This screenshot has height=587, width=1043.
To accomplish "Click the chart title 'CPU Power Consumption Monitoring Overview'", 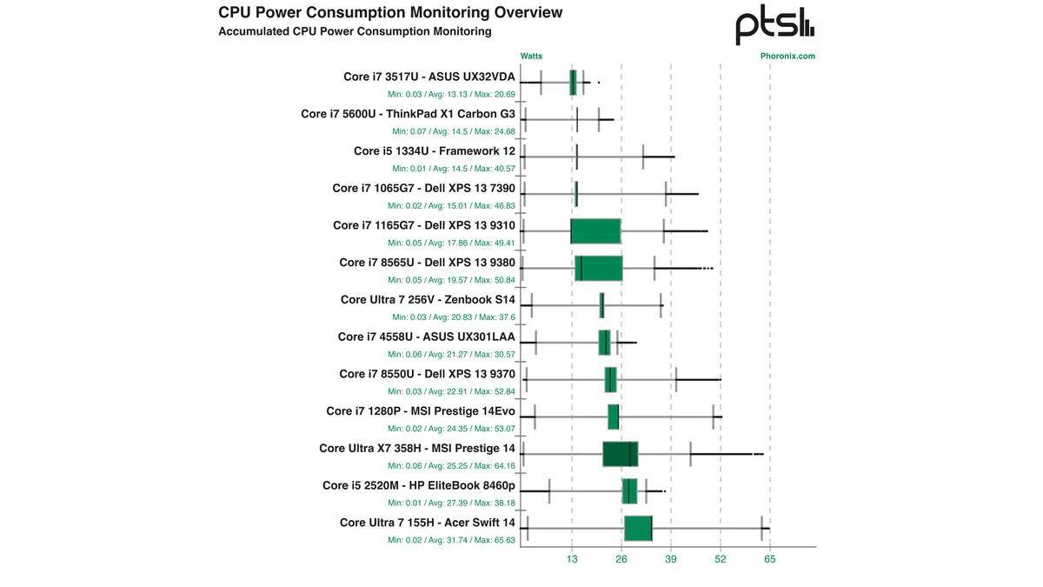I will pos(390,12).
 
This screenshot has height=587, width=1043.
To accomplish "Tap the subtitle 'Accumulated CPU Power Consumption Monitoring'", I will pos(355,31).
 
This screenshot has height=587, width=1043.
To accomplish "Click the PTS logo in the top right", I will pos(774,25).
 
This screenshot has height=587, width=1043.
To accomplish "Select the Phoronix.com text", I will pos(787,56).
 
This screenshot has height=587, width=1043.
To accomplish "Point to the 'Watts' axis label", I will pos(531,56).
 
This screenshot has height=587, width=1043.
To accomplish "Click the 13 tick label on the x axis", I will pos(572,559).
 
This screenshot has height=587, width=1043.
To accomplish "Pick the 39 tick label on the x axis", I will pos(671,559).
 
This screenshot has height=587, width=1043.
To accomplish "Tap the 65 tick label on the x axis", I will pos(770,559).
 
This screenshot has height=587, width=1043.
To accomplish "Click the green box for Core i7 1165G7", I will pos(595,231).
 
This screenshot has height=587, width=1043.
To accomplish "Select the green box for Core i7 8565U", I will pos(599,269).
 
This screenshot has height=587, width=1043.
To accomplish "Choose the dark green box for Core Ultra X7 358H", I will pos(621,454).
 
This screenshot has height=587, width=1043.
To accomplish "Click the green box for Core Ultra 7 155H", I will pos(638,528).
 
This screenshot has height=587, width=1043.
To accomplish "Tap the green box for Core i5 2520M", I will pos(630,491).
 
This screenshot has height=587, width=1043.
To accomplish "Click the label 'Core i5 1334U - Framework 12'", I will pos(434,151).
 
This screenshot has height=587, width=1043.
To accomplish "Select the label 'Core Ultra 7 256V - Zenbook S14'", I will pos(428,300).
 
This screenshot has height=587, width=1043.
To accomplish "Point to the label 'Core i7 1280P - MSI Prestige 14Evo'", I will pos(421,411).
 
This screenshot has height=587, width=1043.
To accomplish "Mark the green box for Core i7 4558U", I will pos(605,343).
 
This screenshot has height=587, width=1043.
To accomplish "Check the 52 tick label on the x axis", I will pos(721,559).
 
